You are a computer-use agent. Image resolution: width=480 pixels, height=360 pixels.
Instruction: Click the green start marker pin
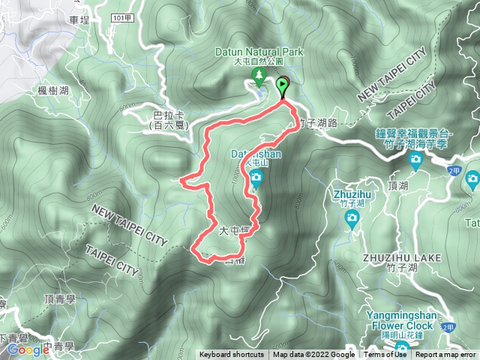coord(283,85)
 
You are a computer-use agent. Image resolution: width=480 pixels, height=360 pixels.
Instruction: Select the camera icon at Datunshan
coord(256,178)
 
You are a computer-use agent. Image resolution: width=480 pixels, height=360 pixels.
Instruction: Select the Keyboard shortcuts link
coord(232,355)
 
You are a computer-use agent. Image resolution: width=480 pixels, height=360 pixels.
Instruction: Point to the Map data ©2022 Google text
coord(313,355)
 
